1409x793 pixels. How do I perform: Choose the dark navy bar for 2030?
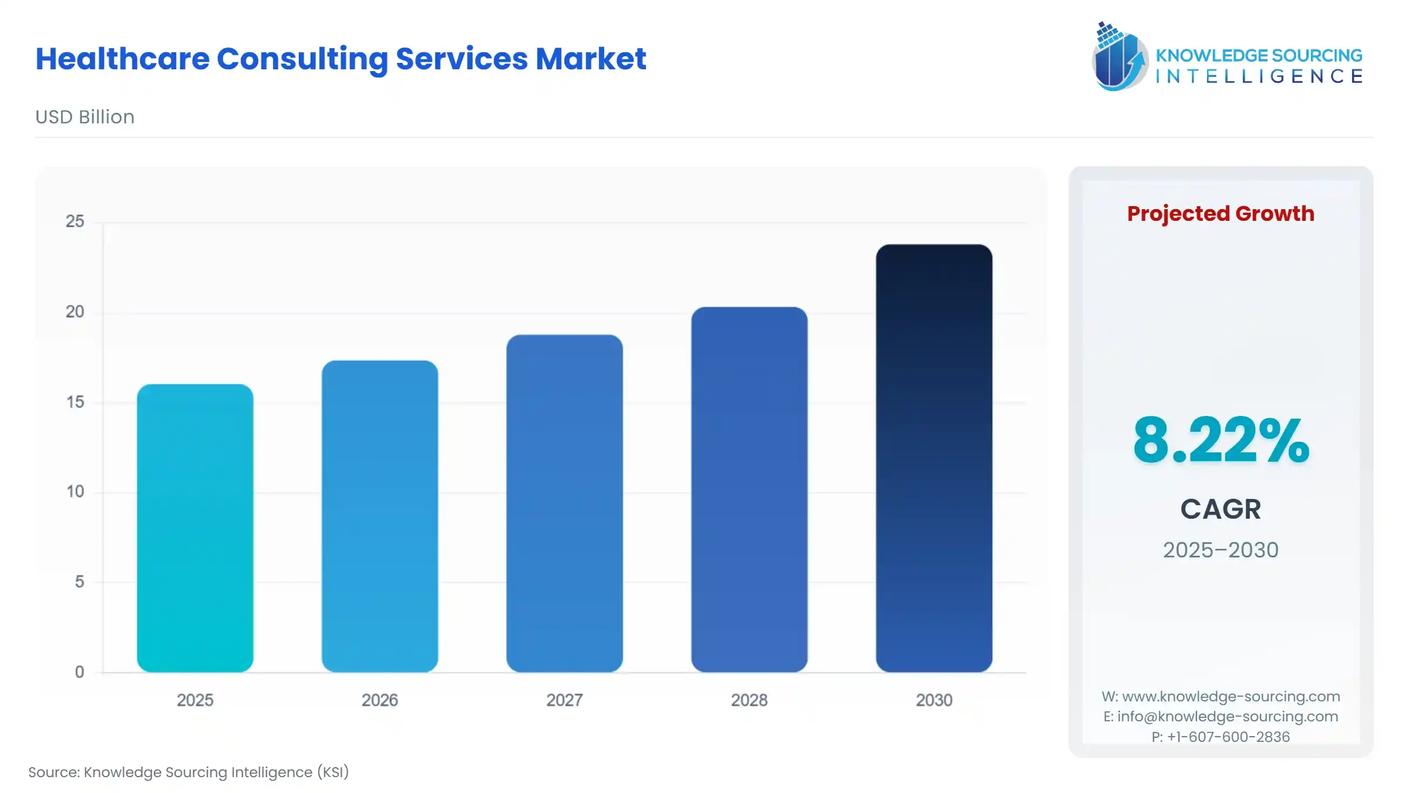(934, 458)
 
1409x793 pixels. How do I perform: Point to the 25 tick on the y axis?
(75, 221)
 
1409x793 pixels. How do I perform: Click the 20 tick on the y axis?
(75, 312)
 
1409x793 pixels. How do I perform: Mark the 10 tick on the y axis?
(75, 492)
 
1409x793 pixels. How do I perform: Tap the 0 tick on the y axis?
(79, 672)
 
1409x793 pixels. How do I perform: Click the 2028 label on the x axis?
(749, 700)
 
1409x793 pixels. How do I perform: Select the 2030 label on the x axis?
(934, 700)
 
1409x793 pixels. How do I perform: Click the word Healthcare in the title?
(122, 59)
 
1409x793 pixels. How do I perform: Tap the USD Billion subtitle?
(85, 117)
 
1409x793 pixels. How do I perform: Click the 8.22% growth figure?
(1221, 441)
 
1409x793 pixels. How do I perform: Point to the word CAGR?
(1221, 509)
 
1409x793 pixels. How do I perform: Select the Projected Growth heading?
(1221, 213)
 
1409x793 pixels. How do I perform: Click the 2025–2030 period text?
(1221, 550)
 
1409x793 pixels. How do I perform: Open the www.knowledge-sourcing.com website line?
(1231, 697)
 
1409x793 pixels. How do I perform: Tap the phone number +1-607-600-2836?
(1228, 737)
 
